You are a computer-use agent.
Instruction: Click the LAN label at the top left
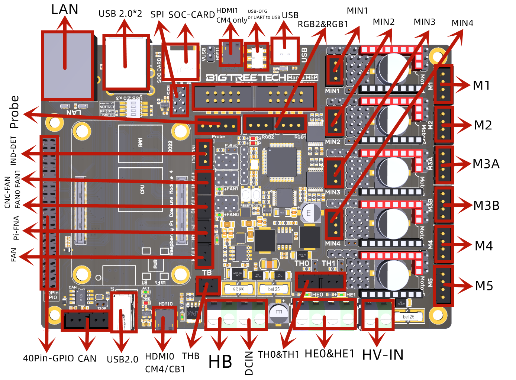click(65, 9)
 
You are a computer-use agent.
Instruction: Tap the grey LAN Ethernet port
click(67, 66)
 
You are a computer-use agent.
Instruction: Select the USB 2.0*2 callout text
click(120, 14)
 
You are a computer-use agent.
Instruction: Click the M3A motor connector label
click(486, 164)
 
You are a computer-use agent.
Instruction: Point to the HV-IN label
click(383, 355)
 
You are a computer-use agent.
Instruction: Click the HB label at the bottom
click(220, 362)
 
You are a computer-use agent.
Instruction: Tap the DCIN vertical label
click(249, 363)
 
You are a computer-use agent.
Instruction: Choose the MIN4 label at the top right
click(462, 23)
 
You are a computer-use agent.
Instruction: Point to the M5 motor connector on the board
click(443, 286)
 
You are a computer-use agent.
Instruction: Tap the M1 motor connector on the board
click(443, 85)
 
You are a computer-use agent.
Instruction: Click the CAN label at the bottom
click(87, 359)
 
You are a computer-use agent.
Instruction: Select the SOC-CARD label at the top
click(191, 15)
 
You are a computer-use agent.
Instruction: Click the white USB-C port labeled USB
click(285, 51)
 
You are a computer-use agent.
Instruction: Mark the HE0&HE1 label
click(329, 354)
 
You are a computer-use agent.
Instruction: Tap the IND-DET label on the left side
click(13, 151)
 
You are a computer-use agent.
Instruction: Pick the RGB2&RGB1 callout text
click(323, 24)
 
